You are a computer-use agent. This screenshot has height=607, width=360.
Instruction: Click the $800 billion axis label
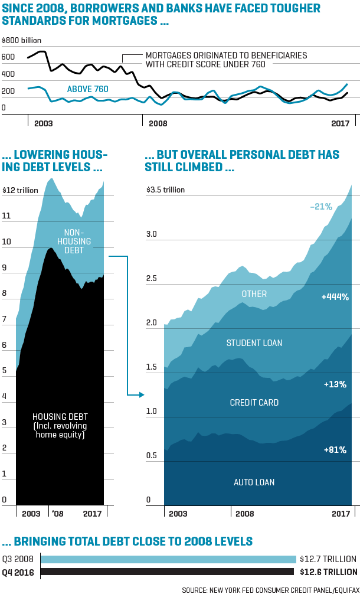pos(22,40)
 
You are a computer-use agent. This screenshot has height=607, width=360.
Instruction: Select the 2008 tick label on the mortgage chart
pos(158,123)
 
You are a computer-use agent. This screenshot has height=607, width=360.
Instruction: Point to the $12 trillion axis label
pos(21,190)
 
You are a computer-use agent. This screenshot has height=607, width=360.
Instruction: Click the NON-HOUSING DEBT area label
pos(74,242)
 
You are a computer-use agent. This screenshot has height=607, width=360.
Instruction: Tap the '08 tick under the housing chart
pos(57,514)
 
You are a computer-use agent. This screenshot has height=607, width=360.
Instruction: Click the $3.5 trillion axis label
pos(166,190)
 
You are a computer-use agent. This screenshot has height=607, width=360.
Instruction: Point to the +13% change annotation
pos(335,384)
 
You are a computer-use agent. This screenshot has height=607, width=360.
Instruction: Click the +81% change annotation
pos(335,450)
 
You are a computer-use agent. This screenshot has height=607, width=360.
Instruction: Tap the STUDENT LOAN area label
pos(254,343)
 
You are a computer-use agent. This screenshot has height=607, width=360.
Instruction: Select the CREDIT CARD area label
pos(254,403)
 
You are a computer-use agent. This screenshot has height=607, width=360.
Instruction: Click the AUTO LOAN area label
pos(254,482)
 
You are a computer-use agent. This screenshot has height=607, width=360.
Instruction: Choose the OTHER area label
pos(254,294)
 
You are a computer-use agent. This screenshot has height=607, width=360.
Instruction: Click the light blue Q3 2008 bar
pos(168,559)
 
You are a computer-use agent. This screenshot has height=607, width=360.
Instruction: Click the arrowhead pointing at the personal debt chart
pos(142,394)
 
